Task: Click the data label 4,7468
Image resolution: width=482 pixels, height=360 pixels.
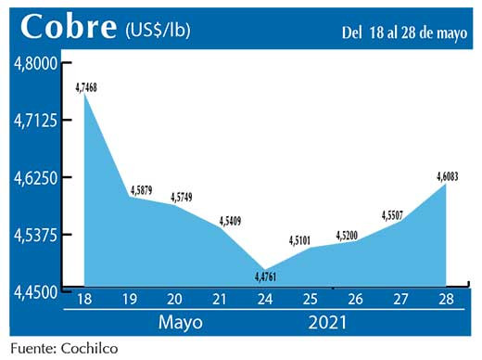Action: click(x=86, y=86)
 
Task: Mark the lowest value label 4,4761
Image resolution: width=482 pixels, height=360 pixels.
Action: click(x=266, y=276)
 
